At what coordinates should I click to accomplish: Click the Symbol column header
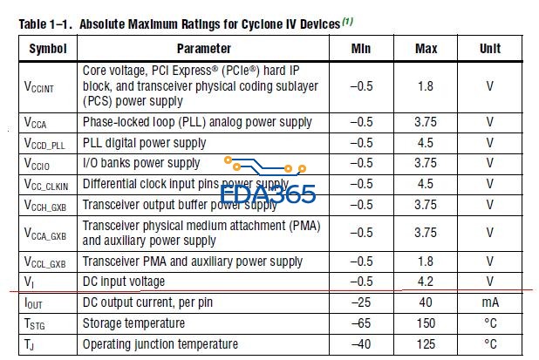click(x=47, y=49)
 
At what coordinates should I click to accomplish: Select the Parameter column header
click(x=203, y=49)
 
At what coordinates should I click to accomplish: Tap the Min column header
click(x=361, y=49)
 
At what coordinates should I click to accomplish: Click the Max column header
click(x=426, y=49)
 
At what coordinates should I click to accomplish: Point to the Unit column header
click(x=490, y=49)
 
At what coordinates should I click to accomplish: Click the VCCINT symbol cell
click(x=41, y=87)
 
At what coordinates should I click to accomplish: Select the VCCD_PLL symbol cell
click(x=44, y=143)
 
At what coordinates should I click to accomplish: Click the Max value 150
click(x=426, y=323)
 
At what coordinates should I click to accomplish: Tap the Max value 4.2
click(x=426, y=282)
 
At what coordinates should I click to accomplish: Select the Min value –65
click(x=361, y=323)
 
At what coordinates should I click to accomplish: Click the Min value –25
click(x=361, y=302)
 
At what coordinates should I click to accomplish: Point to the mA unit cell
click(x=490, y=302)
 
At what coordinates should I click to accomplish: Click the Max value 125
click(x=426, y=344)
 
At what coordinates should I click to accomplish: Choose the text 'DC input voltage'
click(x=123, y=282)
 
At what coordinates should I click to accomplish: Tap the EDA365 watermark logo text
click(x=268, y=194)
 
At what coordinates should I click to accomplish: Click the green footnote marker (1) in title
click(x=346, y=22)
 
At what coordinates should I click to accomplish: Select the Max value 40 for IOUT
click(x=426, y=302)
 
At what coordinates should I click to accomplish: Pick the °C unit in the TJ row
click(x=490, y=344)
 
